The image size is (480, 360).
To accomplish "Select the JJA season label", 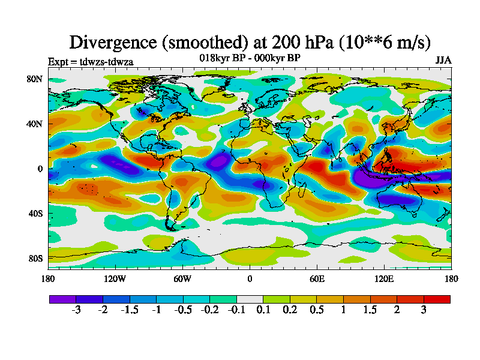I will [443, 61].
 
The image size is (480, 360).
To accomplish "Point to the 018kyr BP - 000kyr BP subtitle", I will [250, 58].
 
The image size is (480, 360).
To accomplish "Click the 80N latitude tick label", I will [34, 79].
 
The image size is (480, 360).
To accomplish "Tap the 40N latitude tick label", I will [34, 124].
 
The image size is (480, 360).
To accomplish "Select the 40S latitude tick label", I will [34, 214].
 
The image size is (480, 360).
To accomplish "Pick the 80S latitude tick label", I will [34, 259].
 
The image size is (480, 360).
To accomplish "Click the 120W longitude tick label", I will [115, 278].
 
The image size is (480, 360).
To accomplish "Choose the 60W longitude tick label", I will [182, 278].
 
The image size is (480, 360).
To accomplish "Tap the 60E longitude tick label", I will [317, 278].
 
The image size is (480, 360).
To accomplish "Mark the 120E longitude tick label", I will [384, 278].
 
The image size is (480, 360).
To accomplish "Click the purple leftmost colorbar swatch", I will [62, 299].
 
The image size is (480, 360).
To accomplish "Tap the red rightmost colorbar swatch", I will [437, 299].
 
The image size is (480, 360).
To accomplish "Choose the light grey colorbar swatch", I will [250, 299].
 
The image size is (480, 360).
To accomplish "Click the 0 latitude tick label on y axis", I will [40, 169].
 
